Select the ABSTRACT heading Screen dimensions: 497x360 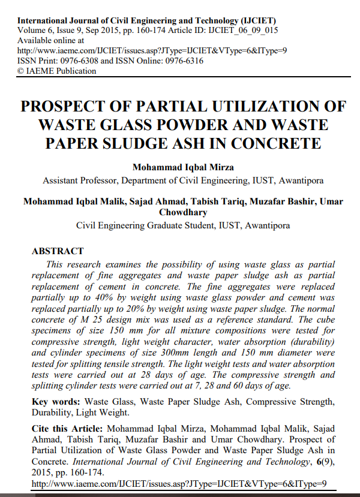(x=58, y=251)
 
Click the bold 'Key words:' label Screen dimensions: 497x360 (x=56, y=401)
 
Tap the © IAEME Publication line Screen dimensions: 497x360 (x=57, y=71)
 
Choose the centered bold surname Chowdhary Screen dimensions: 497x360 (x=182, y=212)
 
